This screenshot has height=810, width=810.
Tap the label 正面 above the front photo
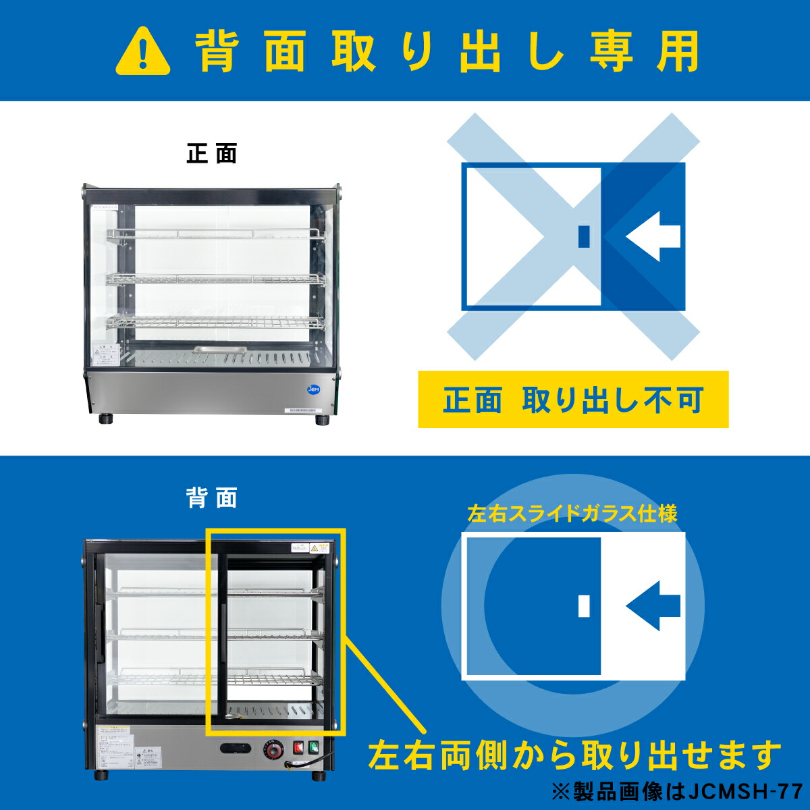pyautogui.click(x=212, y=154)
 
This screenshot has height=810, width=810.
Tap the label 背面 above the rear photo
pyautogui.click(x=212, y=499)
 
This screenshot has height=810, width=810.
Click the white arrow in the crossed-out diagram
pyautogui.click(x=653, y=236)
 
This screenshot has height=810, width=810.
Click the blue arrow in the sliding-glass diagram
pyautogui.click(x=653, y=605)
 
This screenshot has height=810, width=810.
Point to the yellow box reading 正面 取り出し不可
pyautogui.click(x=573, y=400)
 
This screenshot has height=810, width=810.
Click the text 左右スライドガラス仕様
pyautogui.click(x=572, y=514)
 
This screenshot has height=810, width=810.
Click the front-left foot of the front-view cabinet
pyautogui.click(x=107, y=418)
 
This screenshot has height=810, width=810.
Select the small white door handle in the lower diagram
pyautogui.click(x=585, y=605)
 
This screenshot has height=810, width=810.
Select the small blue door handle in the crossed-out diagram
pyautogui.click(x=585, y=236)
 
